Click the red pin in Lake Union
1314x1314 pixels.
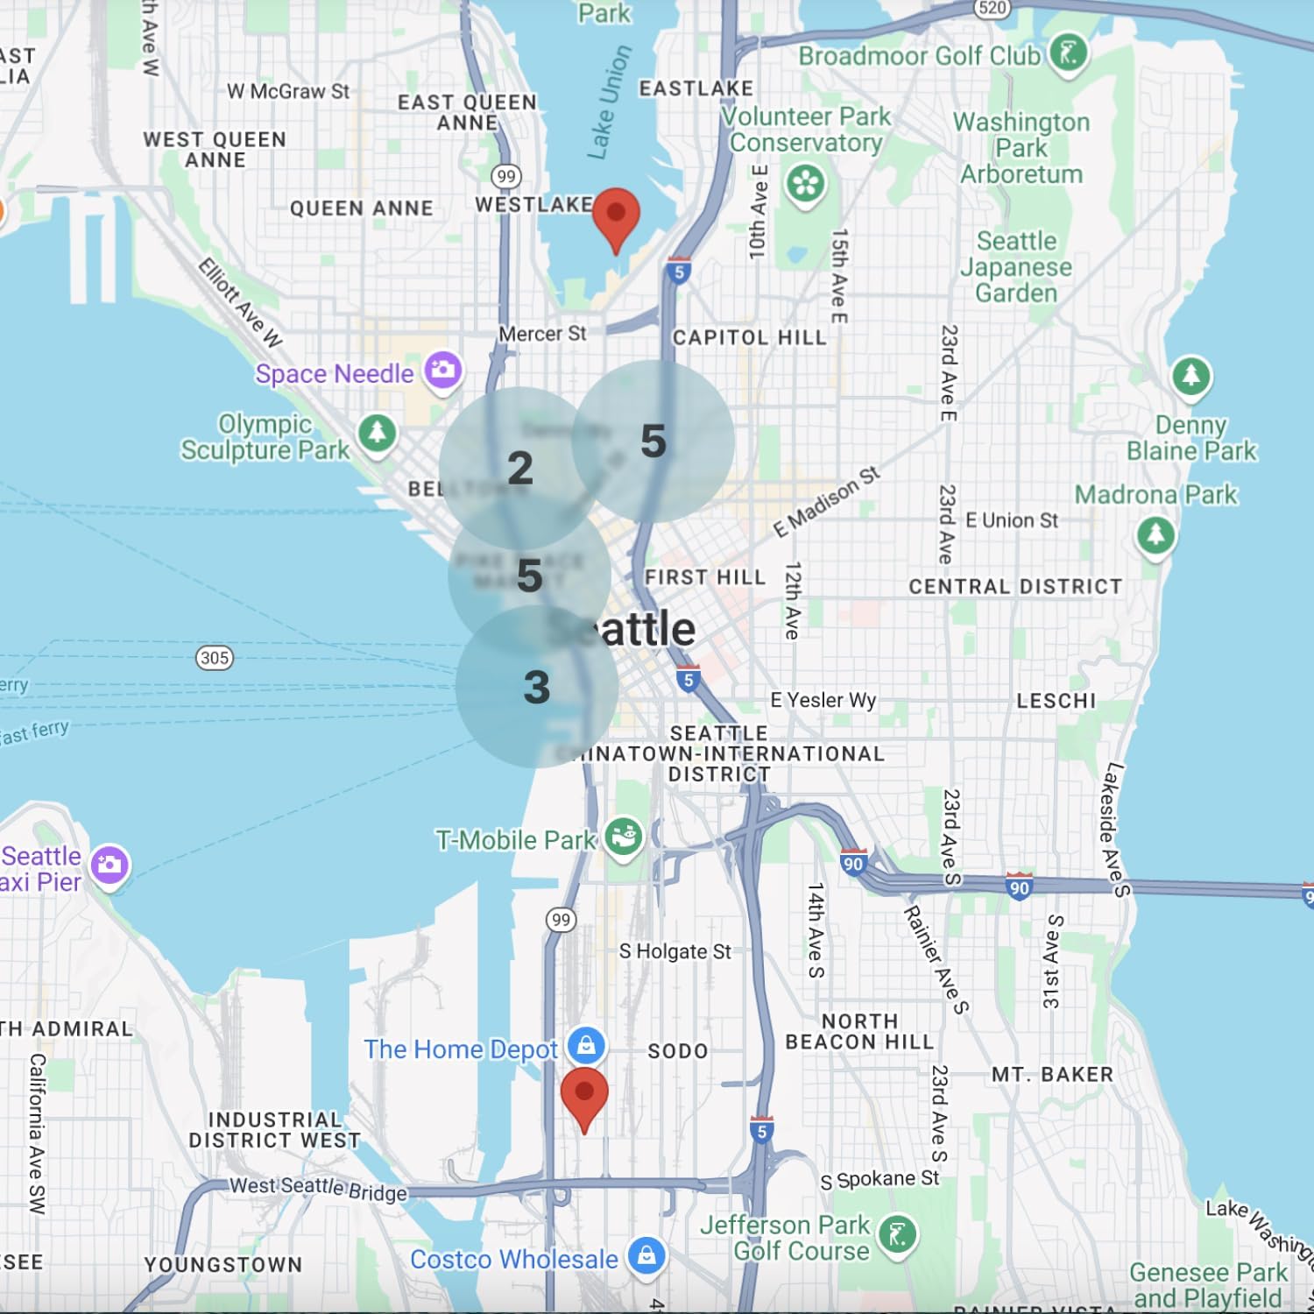coord(616,215)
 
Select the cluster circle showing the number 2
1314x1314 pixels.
coord(520,468)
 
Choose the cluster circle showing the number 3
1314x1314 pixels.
coord(536,687)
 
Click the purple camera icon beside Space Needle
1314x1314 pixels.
coord(443,371)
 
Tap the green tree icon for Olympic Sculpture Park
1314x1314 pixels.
coord(378,433)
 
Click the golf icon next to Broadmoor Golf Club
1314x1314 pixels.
coord(1068,53)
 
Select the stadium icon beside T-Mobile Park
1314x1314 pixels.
coord(623,837)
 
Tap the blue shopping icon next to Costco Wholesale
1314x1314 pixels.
coord(646,1256)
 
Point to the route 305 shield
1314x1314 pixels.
coord(215,658)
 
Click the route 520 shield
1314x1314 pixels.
coord(992,8)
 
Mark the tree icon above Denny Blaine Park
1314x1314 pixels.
coord(1190,377)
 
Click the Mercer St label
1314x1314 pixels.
coord(542,334)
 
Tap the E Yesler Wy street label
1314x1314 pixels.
coord(823,700)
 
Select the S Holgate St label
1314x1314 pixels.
coord(675,951)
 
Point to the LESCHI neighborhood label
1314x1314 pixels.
coord(1056,701)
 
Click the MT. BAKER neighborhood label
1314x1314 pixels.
coord(1052,1075)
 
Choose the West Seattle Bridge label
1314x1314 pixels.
coord(318,1188)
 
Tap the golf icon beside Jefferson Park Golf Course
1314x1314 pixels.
coord(897,1235)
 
